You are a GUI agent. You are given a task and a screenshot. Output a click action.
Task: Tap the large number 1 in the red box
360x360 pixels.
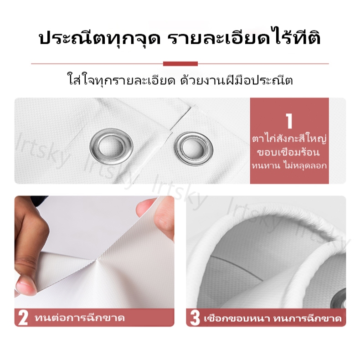(x=289, y=121)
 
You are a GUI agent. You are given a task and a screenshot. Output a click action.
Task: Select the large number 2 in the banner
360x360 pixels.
(x=23, y=318)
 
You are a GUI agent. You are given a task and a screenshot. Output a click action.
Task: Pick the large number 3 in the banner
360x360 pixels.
(x=195, y=318)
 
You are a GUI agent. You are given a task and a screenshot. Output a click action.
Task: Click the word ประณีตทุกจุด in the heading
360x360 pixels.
(x=100, y=39)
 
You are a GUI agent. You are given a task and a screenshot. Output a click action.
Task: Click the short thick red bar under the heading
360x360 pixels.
(x=180, y=64)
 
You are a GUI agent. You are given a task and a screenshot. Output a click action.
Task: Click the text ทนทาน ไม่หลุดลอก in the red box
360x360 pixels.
(x=289, y=165)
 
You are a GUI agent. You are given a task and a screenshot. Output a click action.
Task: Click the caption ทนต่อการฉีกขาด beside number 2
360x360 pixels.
(x=80, y=318)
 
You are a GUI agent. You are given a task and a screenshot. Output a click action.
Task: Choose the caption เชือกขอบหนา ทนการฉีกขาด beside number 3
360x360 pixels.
(x=273, y=318)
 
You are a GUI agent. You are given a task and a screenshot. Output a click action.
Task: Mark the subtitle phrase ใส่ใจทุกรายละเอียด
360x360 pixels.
(x=121, y=80)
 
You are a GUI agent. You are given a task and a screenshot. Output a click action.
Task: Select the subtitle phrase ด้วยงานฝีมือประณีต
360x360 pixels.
(x=237, y=79)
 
